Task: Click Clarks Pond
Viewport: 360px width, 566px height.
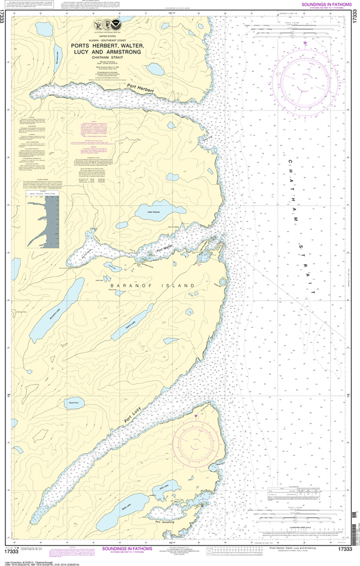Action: (74, 402)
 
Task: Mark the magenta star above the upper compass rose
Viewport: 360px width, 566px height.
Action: (305, 43)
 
